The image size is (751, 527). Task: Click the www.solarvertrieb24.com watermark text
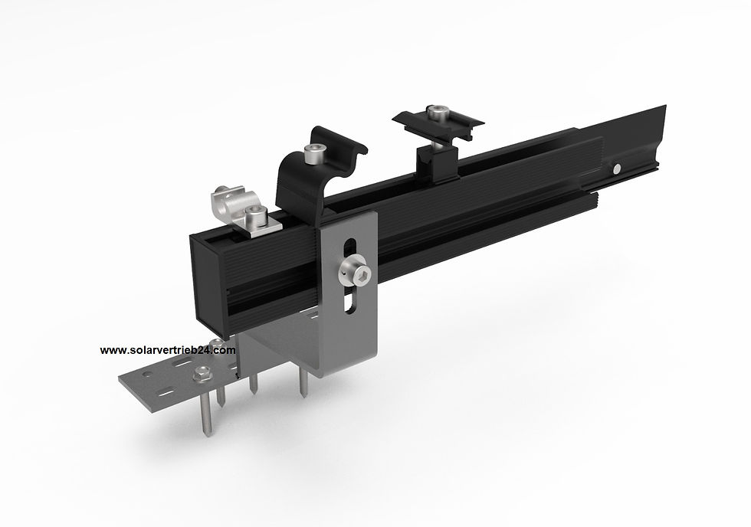168,350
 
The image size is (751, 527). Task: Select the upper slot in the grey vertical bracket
349,250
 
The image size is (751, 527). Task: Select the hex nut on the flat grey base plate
203,374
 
